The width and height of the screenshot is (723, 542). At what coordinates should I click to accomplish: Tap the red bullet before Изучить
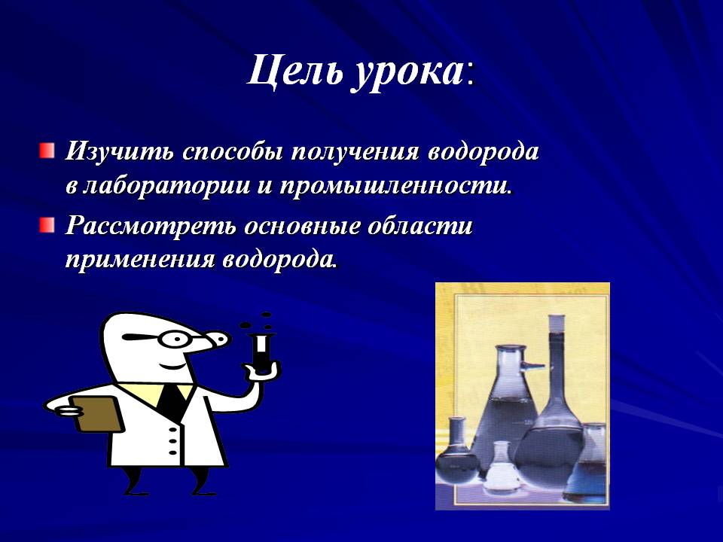47,151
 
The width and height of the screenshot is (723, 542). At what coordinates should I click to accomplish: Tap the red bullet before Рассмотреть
47,225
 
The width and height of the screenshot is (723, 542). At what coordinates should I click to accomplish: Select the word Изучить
120,151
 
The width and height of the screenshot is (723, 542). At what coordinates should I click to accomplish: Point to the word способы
233,151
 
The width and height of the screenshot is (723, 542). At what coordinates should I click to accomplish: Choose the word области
420,227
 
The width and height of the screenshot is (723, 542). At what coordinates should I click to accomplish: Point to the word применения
139,260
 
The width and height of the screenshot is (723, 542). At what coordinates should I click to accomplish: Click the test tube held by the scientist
262,353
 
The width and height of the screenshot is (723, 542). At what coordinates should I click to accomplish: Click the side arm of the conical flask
533,367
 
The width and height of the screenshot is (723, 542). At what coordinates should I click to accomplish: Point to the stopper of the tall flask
556,321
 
